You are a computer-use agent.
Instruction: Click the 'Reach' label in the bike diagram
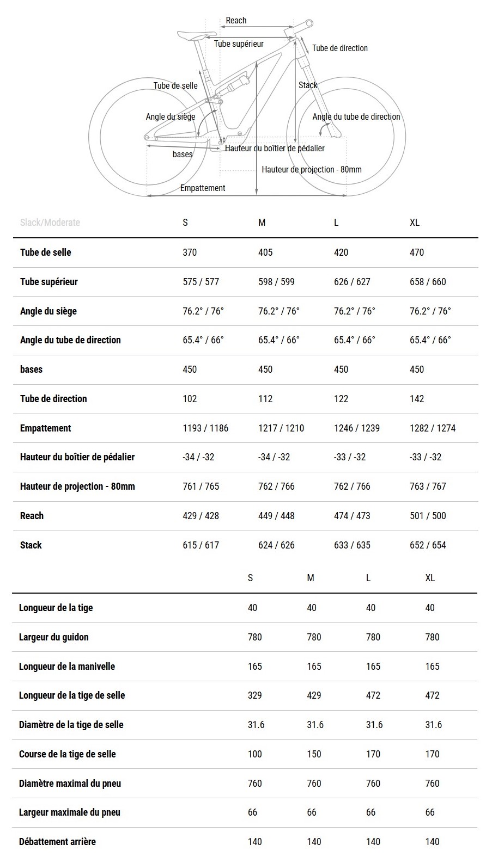coord(236,21)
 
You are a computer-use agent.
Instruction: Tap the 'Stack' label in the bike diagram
coord(307,85)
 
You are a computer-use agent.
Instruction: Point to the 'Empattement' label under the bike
coord(203,188)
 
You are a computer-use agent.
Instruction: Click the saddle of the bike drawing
coord(193,35)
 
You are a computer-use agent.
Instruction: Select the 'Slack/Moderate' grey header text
coord(50,223)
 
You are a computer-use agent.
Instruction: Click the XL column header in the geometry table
coord(415,223)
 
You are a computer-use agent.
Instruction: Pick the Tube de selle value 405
coord(265,252)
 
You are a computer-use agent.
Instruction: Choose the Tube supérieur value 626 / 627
coord(352,282)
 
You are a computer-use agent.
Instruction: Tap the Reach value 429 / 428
coord(201,516)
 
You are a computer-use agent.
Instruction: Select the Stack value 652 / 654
coord(428,545)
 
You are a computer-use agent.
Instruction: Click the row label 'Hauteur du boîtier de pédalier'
coord(77,457)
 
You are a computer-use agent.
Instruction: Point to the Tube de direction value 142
coord(417,399)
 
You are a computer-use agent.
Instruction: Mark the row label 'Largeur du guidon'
coord(53,637)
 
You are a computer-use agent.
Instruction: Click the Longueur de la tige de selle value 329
coord(254,695)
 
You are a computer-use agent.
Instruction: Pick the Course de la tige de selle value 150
coord(314,754)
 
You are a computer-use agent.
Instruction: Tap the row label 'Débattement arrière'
coord(57,842)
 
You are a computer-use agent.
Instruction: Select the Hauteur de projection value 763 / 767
coord(428,486)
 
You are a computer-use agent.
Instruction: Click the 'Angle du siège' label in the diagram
coord(171,117)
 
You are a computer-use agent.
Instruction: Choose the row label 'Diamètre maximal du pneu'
coord(70,784)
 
